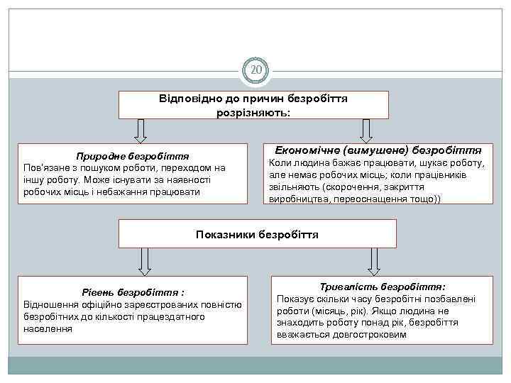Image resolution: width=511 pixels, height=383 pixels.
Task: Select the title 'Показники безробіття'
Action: point(257,233)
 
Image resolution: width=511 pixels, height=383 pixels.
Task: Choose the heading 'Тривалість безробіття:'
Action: point(383,287)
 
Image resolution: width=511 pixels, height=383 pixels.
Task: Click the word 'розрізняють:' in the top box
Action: point(253,112)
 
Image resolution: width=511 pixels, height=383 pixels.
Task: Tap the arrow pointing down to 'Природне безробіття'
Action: point(141,131)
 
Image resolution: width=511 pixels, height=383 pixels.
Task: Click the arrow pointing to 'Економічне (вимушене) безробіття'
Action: point(366,130)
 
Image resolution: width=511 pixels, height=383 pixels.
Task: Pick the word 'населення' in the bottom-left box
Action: point(48,328)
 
